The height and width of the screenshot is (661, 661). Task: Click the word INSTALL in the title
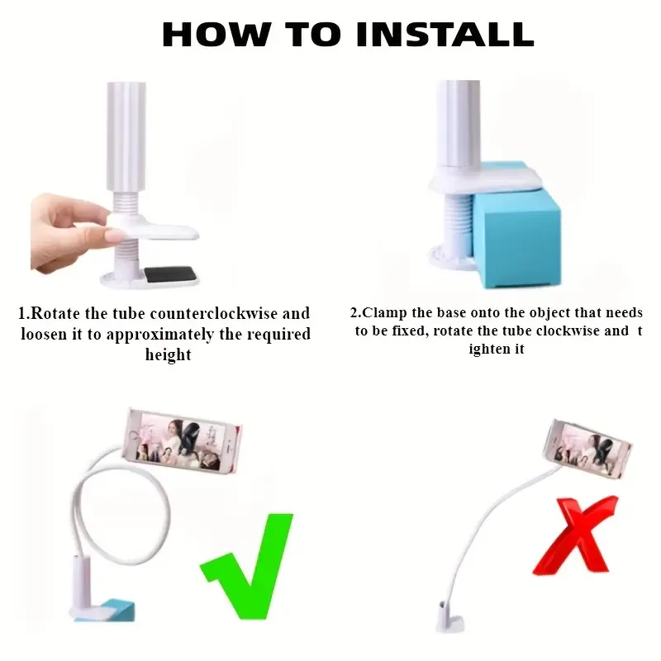pos(445,34)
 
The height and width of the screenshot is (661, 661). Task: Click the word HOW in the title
pos(216,34)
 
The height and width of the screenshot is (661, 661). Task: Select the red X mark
pos(574,535)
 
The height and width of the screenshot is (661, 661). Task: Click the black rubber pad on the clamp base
pos(170,274)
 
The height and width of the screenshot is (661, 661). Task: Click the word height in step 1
pos(168,354)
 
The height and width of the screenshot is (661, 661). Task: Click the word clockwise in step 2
pos(568,330)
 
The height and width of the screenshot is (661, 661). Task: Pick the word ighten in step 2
pos(497,349)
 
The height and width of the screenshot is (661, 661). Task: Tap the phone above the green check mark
pos(183,441)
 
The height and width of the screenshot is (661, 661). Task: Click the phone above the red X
pos(587,449)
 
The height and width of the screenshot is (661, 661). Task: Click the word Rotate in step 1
pos(55,313)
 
